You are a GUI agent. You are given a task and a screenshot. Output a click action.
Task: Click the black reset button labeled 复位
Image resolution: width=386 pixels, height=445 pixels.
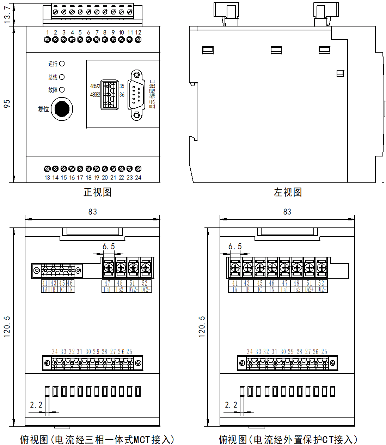pyautogui.click(x=62, y=109)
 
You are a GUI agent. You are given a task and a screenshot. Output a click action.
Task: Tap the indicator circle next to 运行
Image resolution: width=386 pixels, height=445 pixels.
pyautogui.click(x=62, y=64)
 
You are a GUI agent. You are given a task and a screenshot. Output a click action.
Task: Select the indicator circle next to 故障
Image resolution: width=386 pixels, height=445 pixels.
pyautogui.click(x=62, y=90)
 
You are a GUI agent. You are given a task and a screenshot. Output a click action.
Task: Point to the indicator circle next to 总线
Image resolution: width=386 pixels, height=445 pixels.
pyautogui.click(x=62, y=77)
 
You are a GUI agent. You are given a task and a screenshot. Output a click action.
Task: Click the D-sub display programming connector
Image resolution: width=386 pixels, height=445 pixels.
pyautogui.click(x=136, y=95)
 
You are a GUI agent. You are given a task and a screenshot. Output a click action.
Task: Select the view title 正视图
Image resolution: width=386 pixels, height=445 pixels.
pyautogui.click(x=98, y=192)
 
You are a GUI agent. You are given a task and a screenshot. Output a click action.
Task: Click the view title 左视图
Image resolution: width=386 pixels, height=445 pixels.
pyautogui.click(x=288, y=192)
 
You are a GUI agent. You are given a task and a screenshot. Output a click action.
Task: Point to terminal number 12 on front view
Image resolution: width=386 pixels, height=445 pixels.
pyautogui.click(x=138, y=32)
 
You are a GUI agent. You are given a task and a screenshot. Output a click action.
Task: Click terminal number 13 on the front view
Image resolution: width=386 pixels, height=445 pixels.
pyautogui.click(x=47, y=178)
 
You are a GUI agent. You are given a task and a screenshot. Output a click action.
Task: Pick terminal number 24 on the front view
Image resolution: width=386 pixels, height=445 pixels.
pyautogui.click(x=138, y=178)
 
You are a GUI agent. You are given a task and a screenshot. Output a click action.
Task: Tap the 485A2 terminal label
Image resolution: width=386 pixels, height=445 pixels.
pyautogui.click(x=95, y=86)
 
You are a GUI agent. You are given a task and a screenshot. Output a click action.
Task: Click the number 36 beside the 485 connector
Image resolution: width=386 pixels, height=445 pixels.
pyautogui.click(x=122, y=95)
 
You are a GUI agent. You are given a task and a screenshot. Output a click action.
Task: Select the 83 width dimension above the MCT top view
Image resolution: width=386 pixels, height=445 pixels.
pyautogui.click(x=93, y=212)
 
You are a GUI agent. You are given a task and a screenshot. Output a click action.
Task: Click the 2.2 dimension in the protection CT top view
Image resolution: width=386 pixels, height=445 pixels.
pyautogui.click(x=231, y=405)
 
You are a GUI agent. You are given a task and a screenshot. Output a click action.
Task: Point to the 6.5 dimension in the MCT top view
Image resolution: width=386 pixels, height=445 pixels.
pyautogui.click(x=109, y=247)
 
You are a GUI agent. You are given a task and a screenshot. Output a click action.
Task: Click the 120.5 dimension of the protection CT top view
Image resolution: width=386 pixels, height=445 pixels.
pyautogui.click(x=202, y=327)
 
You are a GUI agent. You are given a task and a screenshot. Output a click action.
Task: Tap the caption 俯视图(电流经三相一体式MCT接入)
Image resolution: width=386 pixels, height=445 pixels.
pyautogui.click(x=97, y=439)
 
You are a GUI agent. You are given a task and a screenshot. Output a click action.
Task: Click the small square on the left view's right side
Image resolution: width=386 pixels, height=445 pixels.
pyautogui.click(x=340, y=73)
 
